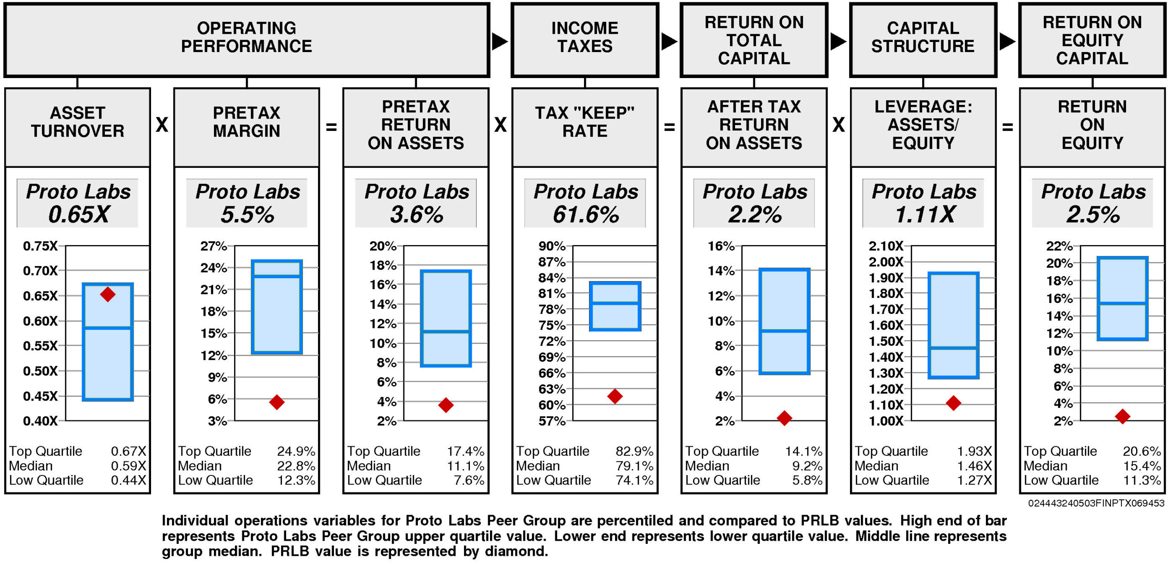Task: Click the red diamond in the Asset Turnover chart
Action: (x=108, y=294)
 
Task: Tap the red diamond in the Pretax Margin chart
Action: (x=276, y=402)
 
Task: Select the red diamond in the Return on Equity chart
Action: (x=1122, y=416)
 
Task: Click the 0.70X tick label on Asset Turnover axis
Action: (x=40, y=271)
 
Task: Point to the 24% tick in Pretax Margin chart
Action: (x=214, y=267)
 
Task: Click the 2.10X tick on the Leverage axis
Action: (x=886, y=246)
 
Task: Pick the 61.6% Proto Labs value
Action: (x=586, y=214)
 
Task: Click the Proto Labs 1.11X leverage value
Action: (x=924, y=214)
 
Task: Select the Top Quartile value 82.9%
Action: (x=634, y=451)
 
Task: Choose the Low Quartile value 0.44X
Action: (x=129, y=480)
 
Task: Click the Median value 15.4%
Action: (x=1142, y=466)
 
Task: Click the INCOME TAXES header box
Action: (x=585, y=40)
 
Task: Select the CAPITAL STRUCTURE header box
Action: (x=923, y=40)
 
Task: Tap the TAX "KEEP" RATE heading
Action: (x=585, y=122)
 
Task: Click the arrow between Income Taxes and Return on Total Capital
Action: (x=669, y=42)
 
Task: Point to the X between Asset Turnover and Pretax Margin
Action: (x=162, y=125)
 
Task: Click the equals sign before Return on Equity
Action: (x=1007, y=127)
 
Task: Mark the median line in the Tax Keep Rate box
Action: (x=615, y=303)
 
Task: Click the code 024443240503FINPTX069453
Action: (x=1096, y=503)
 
